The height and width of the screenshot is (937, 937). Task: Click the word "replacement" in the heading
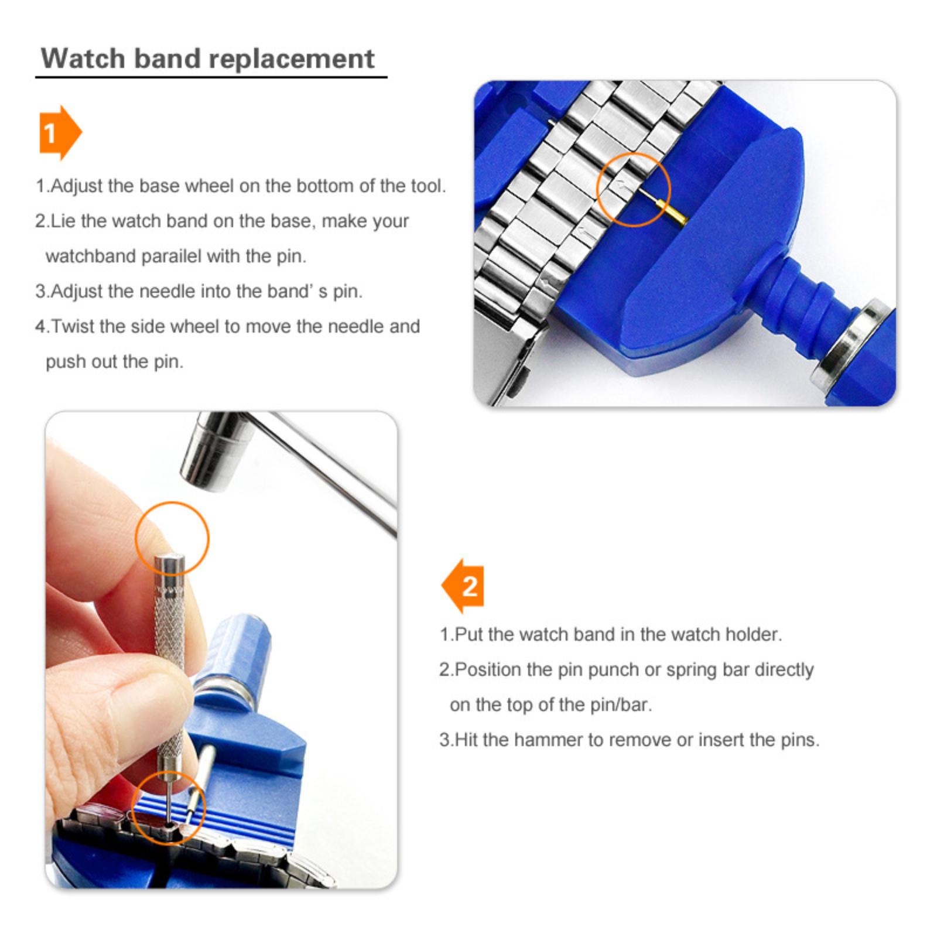pos(291,60)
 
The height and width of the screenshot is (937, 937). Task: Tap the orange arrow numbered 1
pos(60,133)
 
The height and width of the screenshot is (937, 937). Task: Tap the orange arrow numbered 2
pos(463,586)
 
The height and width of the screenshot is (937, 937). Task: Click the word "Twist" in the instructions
pos(73,326)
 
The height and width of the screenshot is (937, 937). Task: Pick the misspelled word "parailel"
pos(171,257)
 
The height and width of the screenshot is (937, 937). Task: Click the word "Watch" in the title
pos(83,59)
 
